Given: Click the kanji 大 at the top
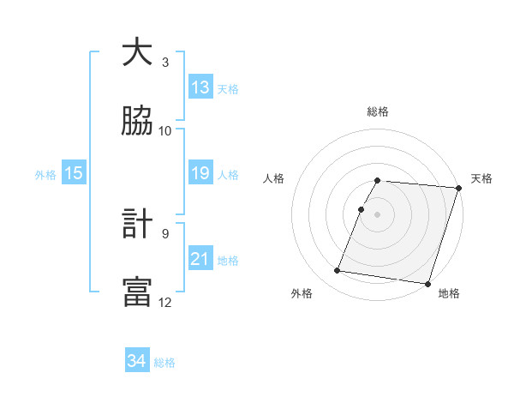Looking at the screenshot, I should pyautogui.click(x=137, y=53).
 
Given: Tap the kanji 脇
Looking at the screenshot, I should pyautogui.click(x=137, y=121).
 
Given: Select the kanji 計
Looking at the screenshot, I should pyautogui.click(x=137, y=225).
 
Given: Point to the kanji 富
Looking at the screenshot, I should pyautogui.click(x=137, y=292).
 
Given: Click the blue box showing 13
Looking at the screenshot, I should pyautogui.click(x=200, y=87).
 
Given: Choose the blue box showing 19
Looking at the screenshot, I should pyautogui.click(x=200, y=173).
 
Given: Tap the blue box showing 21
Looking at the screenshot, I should pyautogui.click(x=200, y=259).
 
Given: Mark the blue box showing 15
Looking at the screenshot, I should pyautogui.click(x=74, y=173).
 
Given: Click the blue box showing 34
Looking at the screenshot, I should pyautogui.click(x=137, y=362).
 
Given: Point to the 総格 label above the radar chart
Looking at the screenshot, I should pyautogui.click(x=378, y=111).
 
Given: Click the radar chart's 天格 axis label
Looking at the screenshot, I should pyautogui.click(x=482, y=178).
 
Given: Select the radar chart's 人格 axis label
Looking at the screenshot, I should pyautogui.click(x=273, y=178).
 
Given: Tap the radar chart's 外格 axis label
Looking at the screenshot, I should pyautogui.click(x=302, y=294).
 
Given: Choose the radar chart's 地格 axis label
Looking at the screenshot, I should pyautogui.click(x=449, y=294).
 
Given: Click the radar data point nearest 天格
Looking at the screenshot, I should pyautogui.click(x=458, y=188).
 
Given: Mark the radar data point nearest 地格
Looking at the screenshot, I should pyautogui.click(x=427, y=283).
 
